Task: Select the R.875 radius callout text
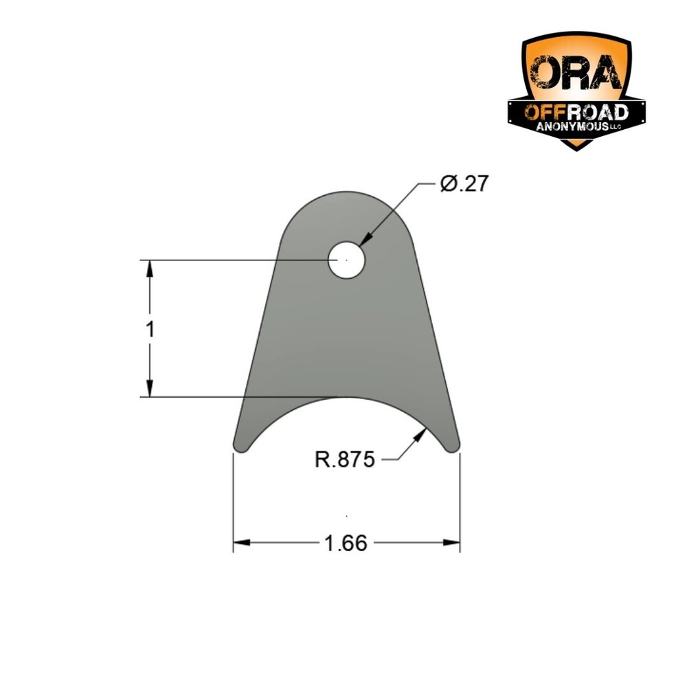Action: [344, 459]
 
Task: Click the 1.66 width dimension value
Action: [346, 543]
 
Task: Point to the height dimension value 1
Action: [150, 329]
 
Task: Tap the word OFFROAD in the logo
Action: [576, 113]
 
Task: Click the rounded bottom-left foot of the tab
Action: [241, 446]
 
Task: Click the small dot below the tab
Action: [347, 515]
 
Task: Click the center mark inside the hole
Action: [347, 261]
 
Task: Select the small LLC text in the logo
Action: [616, 129]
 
